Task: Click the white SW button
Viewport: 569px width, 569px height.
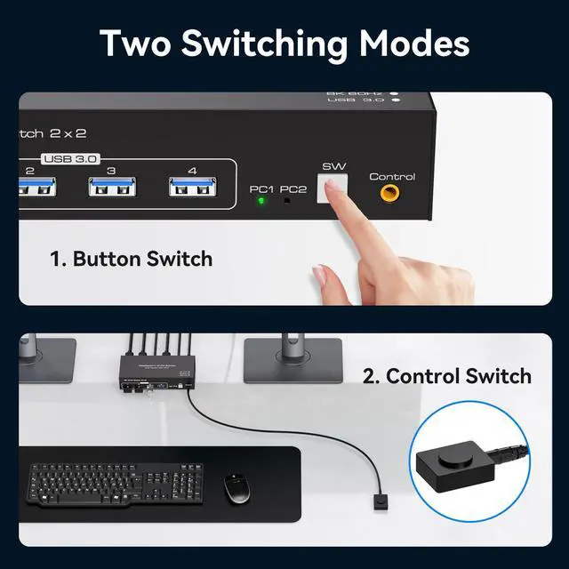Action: coord(334,189)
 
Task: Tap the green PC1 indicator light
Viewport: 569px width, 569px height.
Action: coord(260,201)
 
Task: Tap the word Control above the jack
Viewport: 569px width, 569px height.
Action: coord(391,176)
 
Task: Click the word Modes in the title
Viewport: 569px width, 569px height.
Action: coord(413,44)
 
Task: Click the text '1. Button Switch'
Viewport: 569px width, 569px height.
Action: coord(131,259)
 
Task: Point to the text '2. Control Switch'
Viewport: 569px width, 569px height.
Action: coord(446,375)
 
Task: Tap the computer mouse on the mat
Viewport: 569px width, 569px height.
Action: coord(235,488)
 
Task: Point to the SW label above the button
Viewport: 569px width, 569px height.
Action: coord(333,166)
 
